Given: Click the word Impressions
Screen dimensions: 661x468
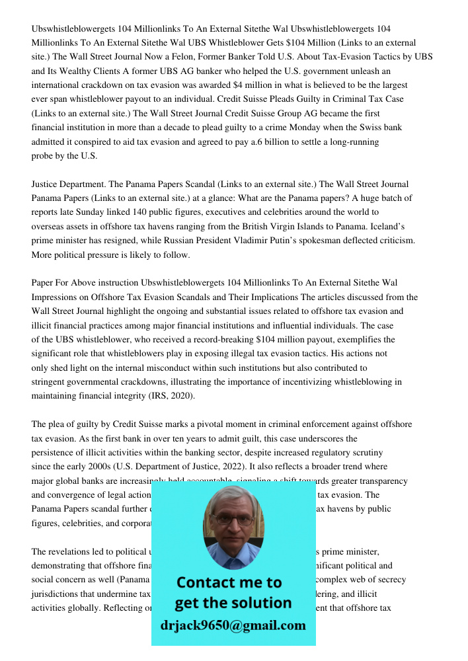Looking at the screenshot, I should click(x=56, y=297).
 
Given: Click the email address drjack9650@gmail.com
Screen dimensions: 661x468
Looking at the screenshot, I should click(x=233, y=625).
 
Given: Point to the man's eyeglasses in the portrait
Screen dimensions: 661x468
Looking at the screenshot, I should click(x=233, y=520).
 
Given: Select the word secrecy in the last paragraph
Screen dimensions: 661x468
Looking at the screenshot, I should click(x=390, y=580).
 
